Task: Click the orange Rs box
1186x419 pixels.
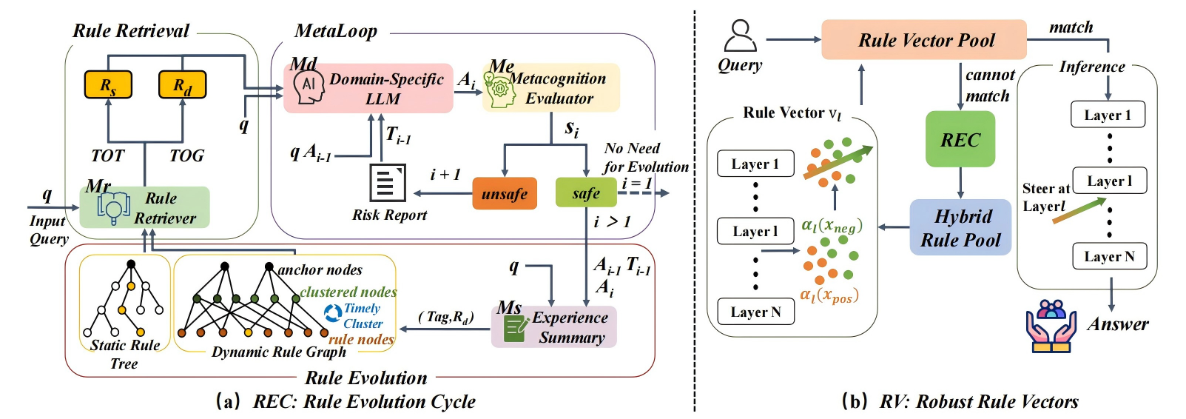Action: (x=108, y=85)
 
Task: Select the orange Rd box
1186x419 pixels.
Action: (x=182, y=85)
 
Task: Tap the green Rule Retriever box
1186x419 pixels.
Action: (x=145, y=208)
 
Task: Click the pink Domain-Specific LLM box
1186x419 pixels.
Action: (x=368, y=88)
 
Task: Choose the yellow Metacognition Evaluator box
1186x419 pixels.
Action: (x=551, y=88)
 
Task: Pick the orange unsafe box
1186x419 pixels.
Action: (x=504, y=194)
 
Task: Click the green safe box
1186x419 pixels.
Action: (x=586, y=193)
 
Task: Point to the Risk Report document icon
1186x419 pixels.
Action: (x=387, y=182)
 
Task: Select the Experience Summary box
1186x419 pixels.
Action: (x=554, y=327)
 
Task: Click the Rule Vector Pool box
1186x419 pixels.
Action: (x=924, y=40)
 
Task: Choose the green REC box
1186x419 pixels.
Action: (x=960, y=140)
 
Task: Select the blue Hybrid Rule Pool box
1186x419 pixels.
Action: (x=960, y=228)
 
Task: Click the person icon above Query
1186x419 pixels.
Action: (x=740, y=36)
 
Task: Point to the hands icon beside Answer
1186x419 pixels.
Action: (x=1051, y=326)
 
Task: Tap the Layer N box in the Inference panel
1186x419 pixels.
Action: (x=1108, y=256)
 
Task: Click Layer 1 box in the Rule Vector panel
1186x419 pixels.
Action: (x=755, y=164)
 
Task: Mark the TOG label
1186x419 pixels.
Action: (x=186, y=155)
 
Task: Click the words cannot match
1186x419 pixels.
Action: (x=989, y=85)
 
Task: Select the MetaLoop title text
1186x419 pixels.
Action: (x=336, y=31)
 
